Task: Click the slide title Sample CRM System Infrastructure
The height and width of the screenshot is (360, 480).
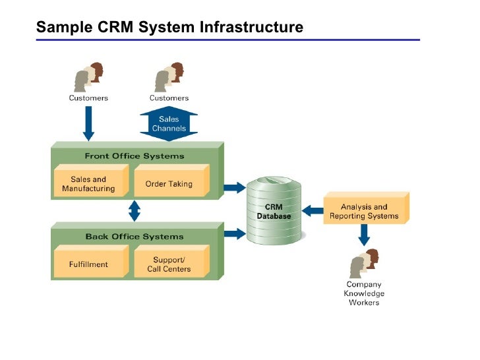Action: point(169,27)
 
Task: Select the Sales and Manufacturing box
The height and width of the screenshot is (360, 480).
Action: point(88,184)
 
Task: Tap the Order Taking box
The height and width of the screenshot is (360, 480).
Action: point(169,184)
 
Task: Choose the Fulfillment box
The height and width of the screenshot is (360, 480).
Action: point(88,264)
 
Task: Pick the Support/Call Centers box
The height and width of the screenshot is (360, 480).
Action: point(169,264)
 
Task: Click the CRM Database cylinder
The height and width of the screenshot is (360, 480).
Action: point(274,211)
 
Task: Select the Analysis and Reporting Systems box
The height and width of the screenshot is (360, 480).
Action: point(364,212)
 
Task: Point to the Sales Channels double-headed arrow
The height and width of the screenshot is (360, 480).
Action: point(169,124)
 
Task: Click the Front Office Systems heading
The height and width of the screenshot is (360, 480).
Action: point(135,156)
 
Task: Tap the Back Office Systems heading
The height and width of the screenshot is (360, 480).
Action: point(135,236)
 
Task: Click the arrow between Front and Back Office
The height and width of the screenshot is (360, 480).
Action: point(135,211)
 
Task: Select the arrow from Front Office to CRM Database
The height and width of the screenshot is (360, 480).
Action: point(234,188)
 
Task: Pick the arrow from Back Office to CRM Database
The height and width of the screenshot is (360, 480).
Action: point(234,232)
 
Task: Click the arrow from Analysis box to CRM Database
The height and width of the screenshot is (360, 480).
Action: point(315,211)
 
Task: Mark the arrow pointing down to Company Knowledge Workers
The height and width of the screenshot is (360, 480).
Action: point(364,234)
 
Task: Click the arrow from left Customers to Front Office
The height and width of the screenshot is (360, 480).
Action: point(88,123)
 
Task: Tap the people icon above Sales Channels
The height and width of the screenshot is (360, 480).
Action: point(169,78)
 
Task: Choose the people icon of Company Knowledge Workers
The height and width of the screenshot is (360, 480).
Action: point(364,263)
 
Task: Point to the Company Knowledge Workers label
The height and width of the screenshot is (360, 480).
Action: point(364,293)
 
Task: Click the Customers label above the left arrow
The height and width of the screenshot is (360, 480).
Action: point(88,98)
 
